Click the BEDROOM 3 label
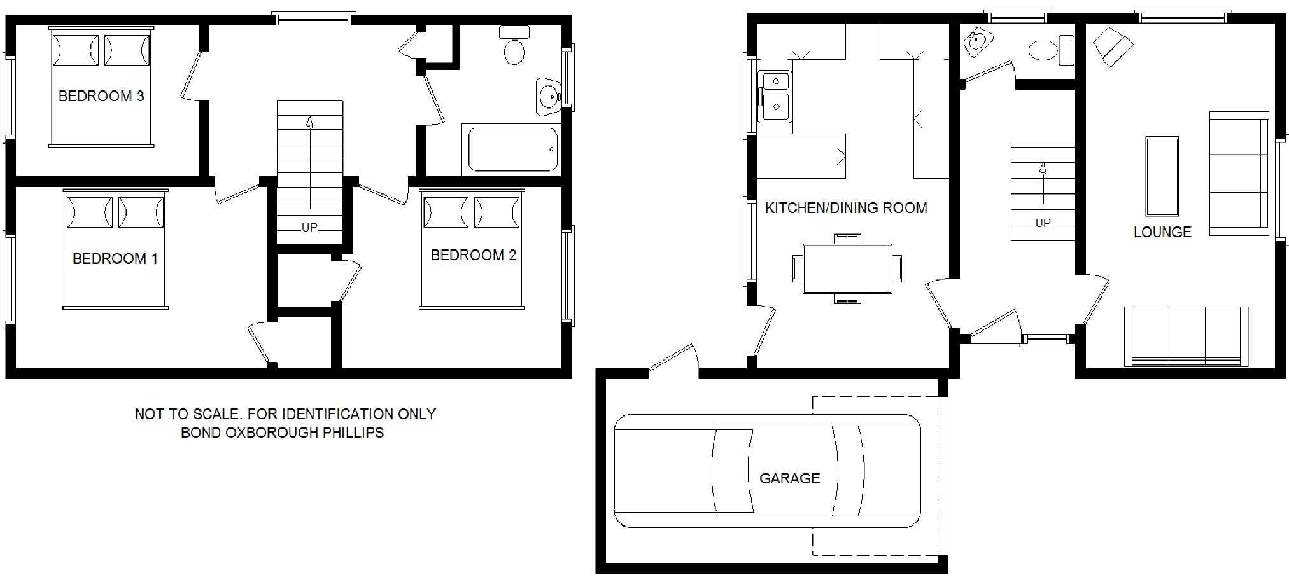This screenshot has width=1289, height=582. point(101,96)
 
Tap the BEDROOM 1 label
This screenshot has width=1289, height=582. point(115,259)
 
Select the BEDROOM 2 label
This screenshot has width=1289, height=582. point(474,255)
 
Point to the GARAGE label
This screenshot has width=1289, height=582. point(789,478)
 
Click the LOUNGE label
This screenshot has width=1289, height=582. point(1162,232)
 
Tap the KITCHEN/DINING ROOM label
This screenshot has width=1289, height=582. point(846,208)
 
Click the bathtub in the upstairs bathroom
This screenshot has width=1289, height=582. point(513,149)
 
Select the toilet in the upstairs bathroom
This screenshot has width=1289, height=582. point(514,45)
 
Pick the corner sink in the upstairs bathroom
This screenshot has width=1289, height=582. point(547,97)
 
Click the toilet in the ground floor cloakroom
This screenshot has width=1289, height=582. point(1051,49)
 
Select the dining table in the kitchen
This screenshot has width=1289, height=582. point(847,268)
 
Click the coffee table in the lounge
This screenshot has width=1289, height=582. point(1162,176)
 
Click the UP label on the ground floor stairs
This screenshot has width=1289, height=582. point(1043,223)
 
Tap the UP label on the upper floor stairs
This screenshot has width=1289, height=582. point(309,227)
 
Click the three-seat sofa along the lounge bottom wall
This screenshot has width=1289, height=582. point(1186,336)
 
